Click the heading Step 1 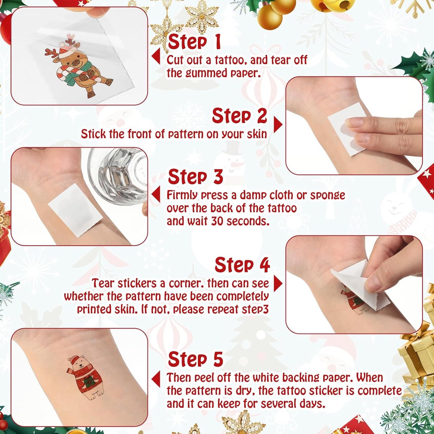(194, 42)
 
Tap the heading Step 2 (239, 116)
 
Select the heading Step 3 (195, 177)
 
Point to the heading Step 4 (242, 265)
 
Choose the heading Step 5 (195, 360)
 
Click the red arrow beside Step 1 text (156, 56)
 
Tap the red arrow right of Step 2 (278, 124)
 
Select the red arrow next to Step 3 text (156, 195)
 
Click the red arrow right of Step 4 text (278, 284)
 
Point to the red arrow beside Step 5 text (156, 379)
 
